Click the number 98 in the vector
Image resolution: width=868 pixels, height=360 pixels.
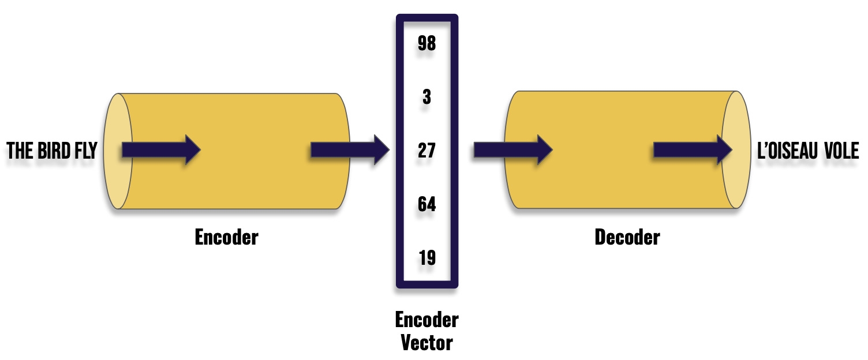(x=426, y=44)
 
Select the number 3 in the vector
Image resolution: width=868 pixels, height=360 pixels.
(x=426, y=97)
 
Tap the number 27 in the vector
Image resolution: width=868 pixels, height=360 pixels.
(x=426, y=151)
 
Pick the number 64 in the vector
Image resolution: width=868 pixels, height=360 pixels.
(x=426, y=204)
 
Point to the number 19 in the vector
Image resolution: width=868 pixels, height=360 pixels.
(x=426, y=258)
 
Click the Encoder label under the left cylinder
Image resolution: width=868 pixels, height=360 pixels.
(x=226, y=237)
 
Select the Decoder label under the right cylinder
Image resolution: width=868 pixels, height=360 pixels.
(x=627, y=237)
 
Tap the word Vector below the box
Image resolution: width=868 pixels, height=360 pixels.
(x=426, y=343)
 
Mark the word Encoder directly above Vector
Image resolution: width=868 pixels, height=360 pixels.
(x=426, y=320)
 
